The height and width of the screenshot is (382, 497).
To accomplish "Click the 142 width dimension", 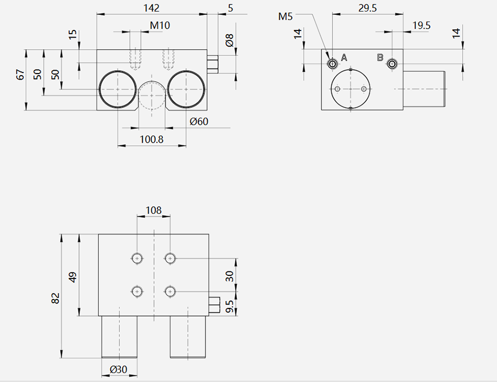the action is coord(151,8).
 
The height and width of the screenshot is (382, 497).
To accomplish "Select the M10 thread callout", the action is coord(160,25).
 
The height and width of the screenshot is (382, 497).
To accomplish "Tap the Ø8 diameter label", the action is coord(229,40).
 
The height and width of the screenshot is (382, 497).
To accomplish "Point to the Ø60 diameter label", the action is coord(199,121).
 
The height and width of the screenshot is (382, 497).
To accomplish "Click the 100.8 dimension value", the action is coord(151,139).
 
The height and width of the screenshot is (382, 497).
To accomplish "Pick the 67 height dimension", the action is coord(20,75).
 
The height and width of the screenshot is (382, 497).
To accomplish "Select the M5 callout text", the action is coord(285,16).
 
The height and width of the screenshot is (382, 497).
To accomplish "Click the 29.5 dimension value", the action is coord(367,8).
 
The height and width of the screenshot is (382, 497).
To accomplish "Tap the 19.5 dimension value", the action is coord(421,25).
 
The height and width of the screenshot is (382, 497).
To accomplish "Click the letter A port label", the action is coord(344,57).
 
